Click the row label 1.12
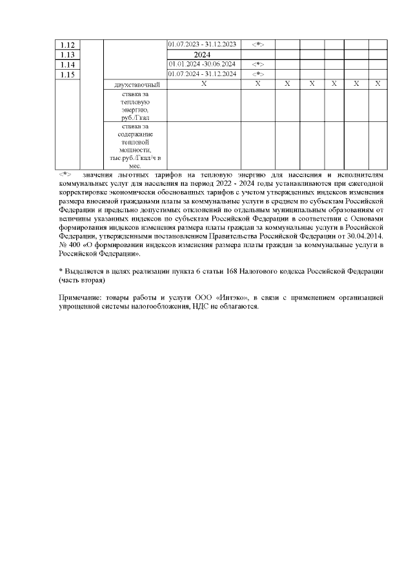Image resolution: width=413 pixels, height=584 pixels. click(68, 45)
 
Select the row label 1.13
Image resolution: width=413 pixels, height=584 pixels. click(68, 55)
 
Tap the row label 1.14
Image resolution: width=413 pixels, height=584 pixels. click(68, 65)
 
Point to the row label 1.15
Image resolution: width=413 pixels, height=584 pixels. click(68, 76)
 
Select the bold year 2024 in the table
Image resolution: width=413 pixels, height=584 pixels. click(203, 55)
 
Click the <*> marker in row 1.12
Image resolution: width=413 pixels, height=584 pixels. click(257, 44)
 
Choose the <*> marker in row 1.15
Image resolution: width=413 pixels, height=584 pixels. click(257, 74)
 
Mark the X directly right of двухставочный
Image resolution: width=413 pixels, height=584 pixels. click(203, 85)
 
